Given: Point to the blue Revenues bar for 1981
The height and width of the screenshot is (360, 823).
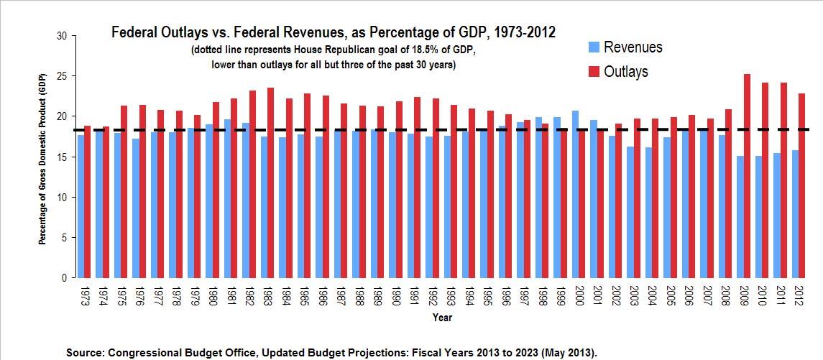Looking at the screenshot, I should [228, 198].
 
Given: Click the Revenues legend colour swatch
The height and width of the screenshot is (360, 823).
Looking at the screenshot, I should [594, 48].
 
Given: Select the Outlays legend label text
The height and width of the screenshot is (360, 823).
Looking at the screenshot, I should [625, 72].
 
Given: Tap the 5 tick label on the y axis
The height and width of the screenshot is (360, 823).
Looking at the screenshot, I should [64, 237].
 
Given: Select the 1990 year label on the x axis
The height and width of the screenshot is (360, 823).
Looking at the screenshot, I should [392, 294].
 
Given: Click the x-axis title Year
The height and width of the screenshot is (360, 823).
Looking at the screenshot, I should [442, 316].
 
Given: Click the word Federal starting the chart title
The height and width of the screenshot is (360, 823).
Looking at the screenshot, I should [136, 33].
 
